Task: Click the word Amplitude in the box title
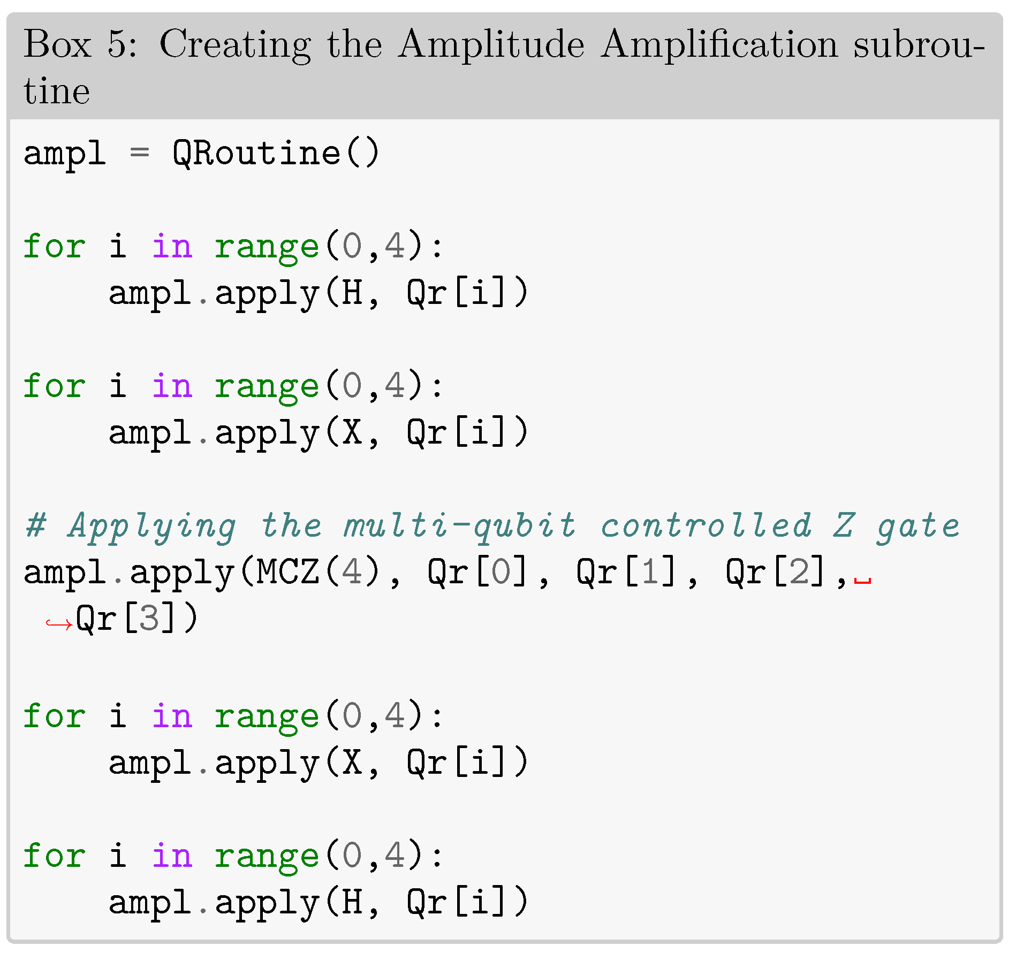click(491, 44)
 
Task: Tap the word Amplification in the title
click(719, 44)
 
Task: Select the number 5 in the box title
click(117, 44)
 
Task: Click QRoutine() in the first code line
click(276, 154)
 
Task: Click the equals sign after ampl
click(139, 154)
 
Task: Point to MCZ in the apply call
click(287, 572)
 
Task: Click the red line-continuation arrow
click(58, 623)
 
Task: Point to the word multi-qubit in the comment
click(459, 526)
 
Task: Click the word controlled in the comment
click(706, 525)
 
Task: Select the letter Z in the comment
click(844, 525)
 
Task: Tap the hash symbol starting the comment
click(35, 525)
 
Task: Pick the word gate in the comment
click(918, 526)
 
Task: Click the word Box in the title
click(57, 44)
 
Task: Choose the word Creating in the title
click(235, 44)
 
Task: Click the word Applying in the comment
click(152, 526)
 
